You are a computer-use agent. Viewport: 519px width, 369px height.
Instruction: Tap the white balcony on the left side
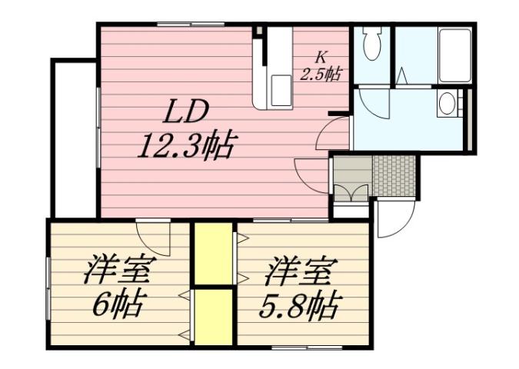click(74, 138)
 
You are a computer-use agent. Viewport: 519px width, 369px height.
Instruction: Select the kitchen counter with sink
click(273, 69)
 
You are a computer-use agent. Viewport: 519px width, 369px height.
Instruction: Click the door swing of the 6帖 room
click(154, 238)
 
